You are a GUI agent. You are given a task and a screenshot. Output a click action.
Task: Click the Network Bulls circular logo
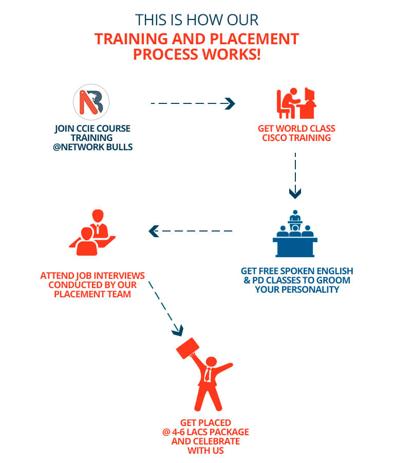[x=91, y=102]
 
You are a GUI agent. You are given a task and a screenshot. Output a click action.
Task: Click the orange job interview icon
[x=92, y=232]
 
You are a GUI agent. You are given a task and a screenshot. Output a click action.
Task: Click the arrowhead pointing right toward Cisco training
[x=230, y=104]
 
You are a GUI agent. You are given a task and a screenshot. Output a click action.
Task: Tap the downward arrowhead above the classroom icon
[x=295, y=193]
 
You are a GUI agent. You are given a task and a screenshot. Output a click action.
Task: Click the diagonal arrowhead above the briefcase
[x=178, y=328]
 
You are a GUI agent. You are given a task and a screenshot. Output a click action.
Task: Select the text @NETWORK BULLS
[x=92, y=147]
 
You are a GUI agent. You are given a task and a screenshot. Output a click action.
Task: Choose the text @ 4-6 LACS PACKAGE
[x=202, y=432]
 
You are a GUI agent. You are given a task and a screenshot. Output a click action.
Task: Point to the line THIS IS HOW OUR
[x=197, y=20]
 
